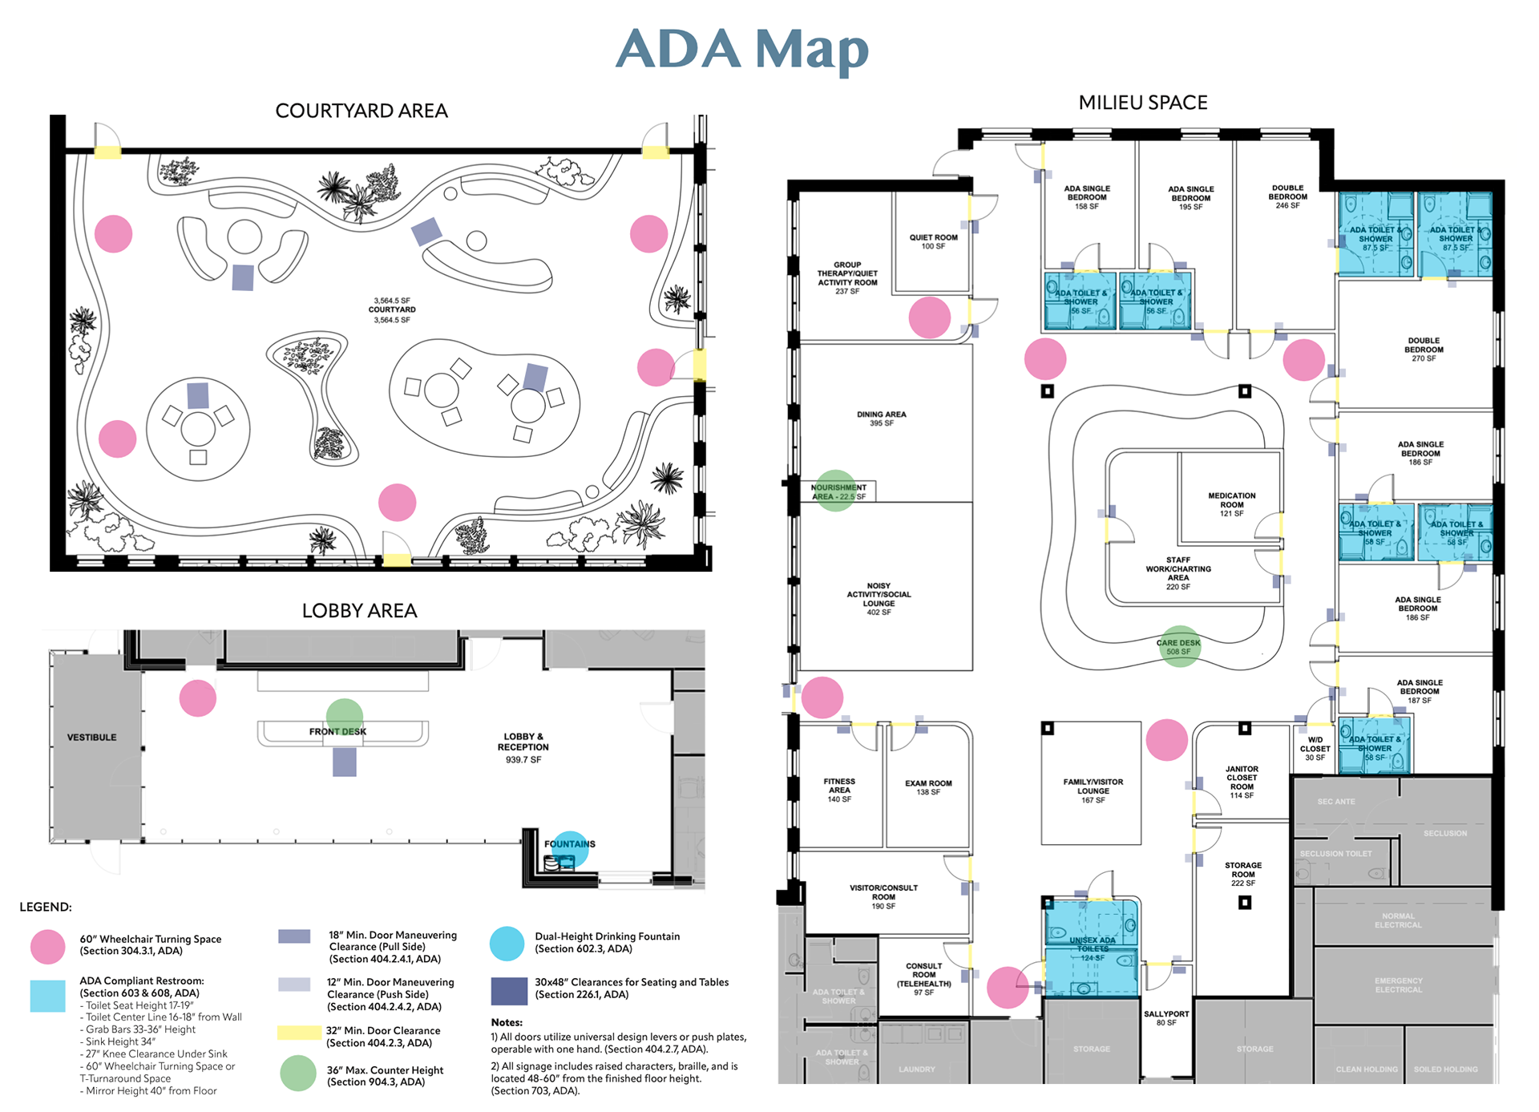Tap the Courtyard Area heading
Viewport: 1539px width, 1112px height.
pos(361,111)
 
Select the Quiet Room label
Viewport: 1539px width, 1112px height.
pos(933,241)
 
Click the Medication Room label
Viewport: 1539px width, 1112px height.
pos(1231,504)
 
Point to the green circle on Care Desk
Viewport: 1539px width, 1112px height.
pos(1179,646)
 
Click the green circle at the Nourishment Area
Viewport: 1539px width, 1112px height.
pos(835,491)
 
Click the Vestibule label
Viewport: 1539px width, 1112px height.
pos(91,738)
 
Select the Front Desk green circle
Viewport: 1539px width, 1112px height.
pos(345,717)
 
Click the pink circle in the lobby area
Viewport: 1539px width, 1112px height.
pos(198,698)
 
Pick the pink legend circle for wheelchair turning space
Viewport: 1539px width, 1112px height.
pos(48,947)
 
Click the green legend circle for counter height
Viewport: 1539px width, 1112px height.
pos(298,1074)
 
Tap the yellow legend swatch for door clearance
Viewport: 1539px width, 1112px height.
pos(299,1033)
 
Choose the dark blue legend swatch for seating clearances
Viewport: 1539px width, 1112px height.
pos(509,991)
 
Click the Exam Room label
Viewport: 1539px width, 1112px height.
pos(928,787)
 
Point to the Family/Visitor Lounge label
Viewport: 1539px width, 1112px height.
pos(1093,791)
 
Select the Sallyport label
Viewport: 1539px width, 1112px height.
pos(1166,1018)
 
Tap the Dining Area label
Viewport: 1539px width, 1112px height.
pos(881,419)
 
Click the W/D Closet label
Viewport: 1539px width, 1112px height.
pos(1315,749)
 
